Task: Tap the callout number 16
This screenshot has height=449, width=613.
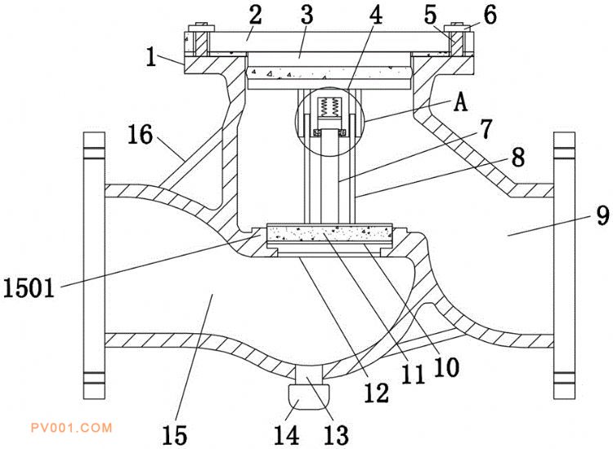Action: click(x=141, y=134)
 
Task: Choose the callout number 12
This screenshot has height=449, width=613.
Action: click(x=377, y=393)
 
